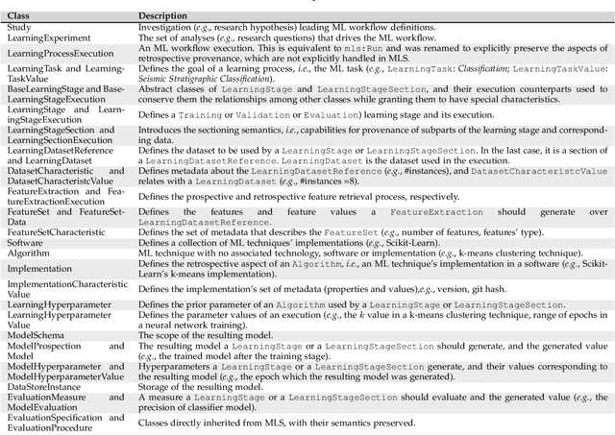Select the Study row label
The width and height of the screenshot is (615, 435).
click(18, 29)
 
